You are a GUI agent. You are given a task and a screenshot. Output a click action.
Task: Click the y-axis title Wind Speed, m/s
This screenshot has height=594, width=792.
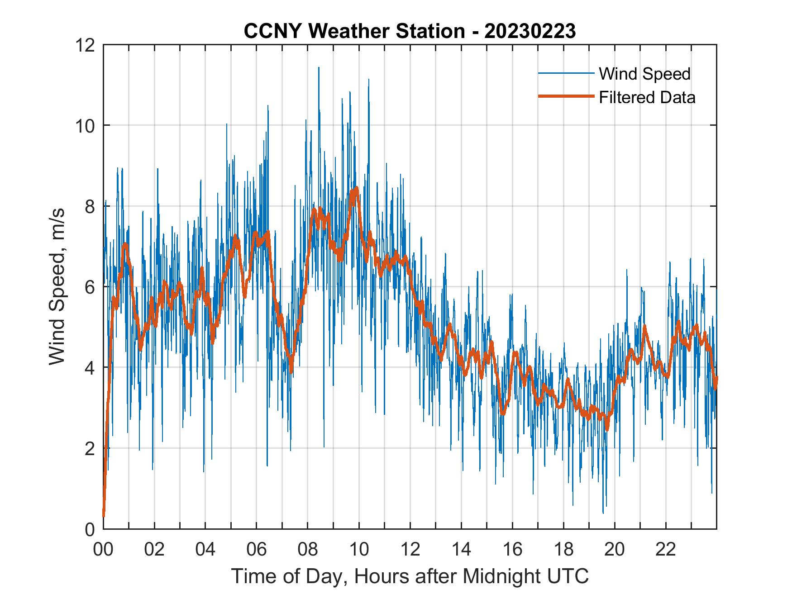click(x=57, y=286)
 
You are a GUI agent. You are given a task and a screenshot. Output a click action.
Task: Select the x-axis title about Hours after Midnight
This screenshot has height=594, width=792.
click(x=410, y=576)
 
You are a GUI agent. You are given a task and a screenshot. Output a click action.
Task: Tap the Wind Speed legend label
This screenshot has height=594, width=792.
click(x=644, y=74)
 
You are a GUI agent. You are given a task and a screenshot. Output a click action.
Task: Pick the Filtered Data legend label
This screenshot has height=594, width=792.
click(x=647, y=97)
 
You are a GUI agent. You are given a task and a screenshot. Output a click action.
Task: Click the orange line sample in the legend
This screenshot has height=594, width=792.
click(x=566, y=97)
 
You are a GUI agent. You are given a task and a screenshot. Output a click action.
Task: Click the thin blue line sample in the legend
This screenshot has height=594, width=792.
click(x=566, y=73)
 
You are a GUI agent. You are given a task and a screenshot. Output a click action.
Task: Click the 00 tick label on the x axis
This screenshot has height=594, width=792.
click(x=103, y=550)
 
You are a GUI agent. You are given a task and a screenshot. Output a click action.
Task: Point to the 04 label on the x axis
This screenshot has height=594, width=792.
click(x=205, y=550)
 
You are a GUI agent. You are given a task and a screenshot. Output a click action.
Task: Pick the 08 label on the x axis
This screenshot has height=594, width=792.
click(x=308, y=550)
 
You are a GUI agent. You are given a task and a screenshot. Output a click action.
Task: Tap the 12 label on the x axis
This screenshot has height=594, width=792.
click(x=410, y=550)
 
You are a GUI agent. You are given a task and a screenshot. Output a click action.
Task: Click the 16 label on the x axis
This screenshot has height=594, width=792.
click(x=512, y=550)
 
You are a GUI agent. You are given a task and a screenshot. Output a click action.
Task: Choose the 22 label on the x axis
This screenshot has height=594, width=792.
click(x=666, y=550)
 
